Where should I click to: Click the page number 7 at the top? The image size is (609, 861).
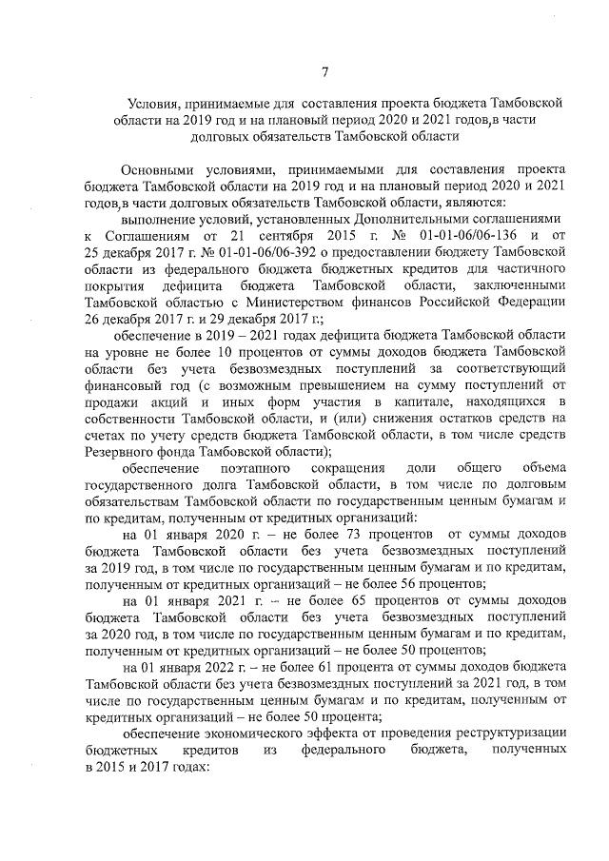coord(325,71)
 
